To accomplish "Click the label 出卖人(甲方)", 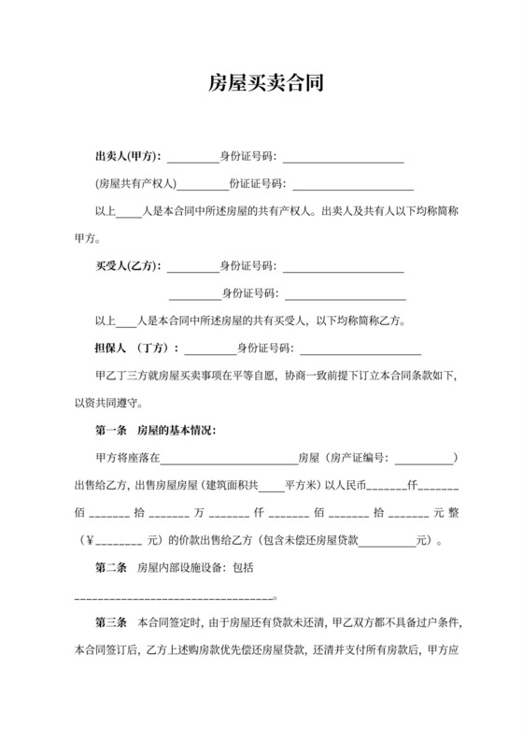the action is [x=129, y=156].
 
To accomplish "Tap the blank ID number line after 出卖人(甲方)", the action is [x=344, y=157].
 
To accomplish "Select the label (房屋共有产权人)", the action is [x=135, y=183].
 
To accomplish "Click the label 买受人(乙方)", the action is [x=129, y=267].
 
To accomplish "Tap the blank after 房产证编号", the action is [x=423, y=459].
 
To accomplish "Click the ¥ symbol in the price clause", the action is [x=91, y=539].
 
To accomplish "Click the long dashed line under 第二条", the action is [x=173, y=594].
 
